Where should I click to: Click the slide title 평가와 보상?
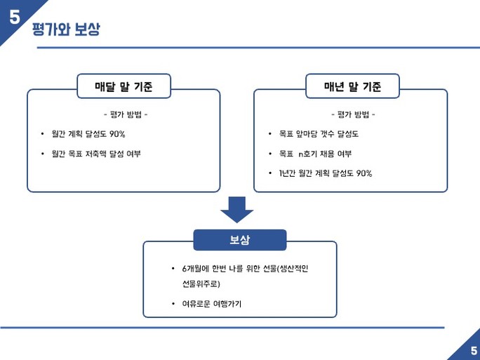coord(66,29)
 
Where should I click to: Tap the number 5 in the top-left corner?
coord(15,17)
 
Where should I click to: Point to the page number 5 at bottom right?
coord(474,350)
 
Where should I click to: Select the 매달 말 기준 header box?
coord(124,86)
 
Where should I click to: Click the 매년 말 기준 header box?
coord(353,86)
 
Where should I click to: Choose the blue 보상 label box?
coord(240,240)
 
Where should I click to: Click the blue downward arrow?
coord(237,210)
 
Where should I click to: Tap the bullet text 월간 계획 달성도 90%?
coord(88,134)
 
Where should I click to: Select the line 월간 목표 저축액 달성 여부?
coord(96,154)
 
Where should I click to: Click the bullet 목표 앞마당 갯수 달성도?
coord(319,134)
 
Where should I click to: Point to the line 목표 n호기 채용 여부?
coord(315,154)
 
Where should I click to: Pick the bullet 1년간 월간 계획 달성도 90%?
coord(326,173)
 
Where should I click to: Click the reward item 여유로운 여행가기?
coord(212,304)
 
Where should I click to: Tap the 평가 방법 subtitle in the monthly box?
coord(126,114)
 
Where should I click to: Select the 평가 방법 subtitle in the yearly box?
coord(353,114)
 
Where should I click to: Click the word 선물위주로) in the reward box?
coord(201,284)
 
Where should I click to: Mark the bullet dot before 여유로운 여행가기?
coord(173,304)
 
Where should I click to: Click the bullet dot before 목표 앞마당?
coord(270,134)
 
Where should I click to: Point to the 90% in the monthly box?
coord(117,134)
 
